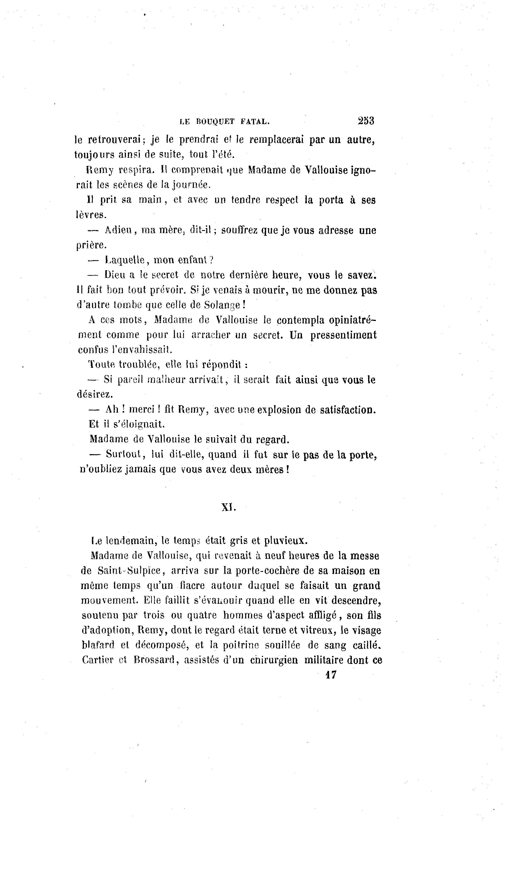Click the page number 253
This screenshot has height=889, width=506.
coord(366,121)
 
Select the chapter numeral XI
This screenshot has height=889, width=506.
coord(229,508)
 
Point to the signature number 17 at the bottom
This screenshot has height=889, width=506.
coord(330,675)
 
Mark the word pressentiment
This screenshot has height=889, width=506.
coord(343,335)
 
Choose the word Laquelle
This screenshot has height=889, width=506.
coord(125,260)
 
